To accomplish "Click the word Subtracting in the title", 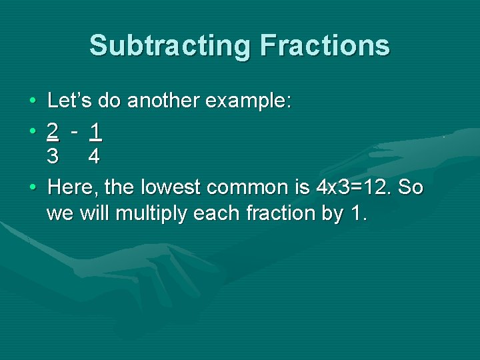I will (x=170, y=46).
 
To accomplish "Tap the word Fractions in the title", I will (x=325, y=46).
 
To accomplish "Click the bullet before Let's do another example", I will (x=33, y=101).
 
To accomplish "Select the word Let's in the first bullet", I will (x=70, y=101).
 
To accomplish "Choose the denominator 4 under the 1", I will (x=95, y=157).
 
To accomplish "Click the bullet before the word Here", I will (x=33, y=187).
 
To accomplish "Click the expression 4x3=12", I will (x=353, y=187).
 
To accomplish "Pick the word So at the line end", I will (x=411, y=187).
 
